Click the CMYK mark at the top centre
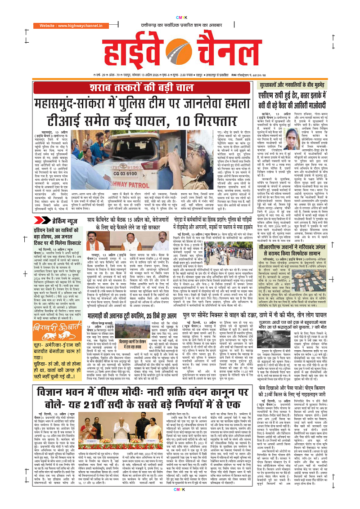click(x=180, y=5)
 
